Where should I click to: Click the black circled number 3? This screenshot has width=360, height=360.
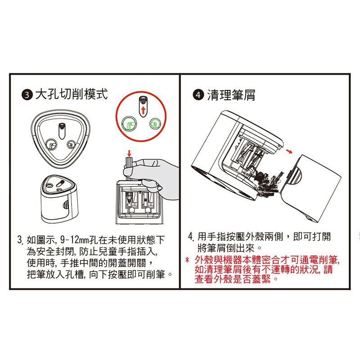click(27, 95)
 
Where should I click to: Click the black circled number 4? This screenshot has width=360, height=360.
click(198, 95)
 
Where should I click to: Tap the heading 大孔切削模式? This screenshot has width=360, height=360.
click(72, 94)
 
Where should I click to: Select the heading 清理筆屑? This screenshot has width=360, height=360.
click(231, 95)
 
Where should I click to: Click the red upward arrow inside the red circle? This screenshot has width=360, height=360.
click(143, 110)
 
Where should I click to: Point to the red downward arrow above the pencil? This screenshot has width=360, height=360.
click(129, 153)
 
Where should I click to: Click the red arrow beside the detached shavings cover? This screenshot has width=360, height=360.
click(289, 151)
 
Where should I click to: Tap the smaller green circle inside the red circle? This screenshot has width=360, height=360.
click(155, 124)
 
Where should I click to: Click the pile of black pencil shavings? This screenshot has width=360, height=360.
click(266, 181)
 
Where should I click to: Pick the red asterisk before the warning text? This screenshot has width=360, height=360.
click(187, 260)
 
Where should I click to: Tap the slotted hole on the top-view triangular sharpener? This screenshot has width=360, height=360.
click(62, 131)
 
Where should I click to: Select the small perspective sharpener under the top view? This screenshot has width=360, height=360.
click(60, 198)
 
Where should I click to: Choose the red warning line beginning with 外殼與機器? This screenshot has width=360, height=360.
click(267, 260)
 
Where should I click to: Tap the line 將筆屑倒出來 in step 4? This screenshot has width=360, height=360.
click(229, 248)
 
